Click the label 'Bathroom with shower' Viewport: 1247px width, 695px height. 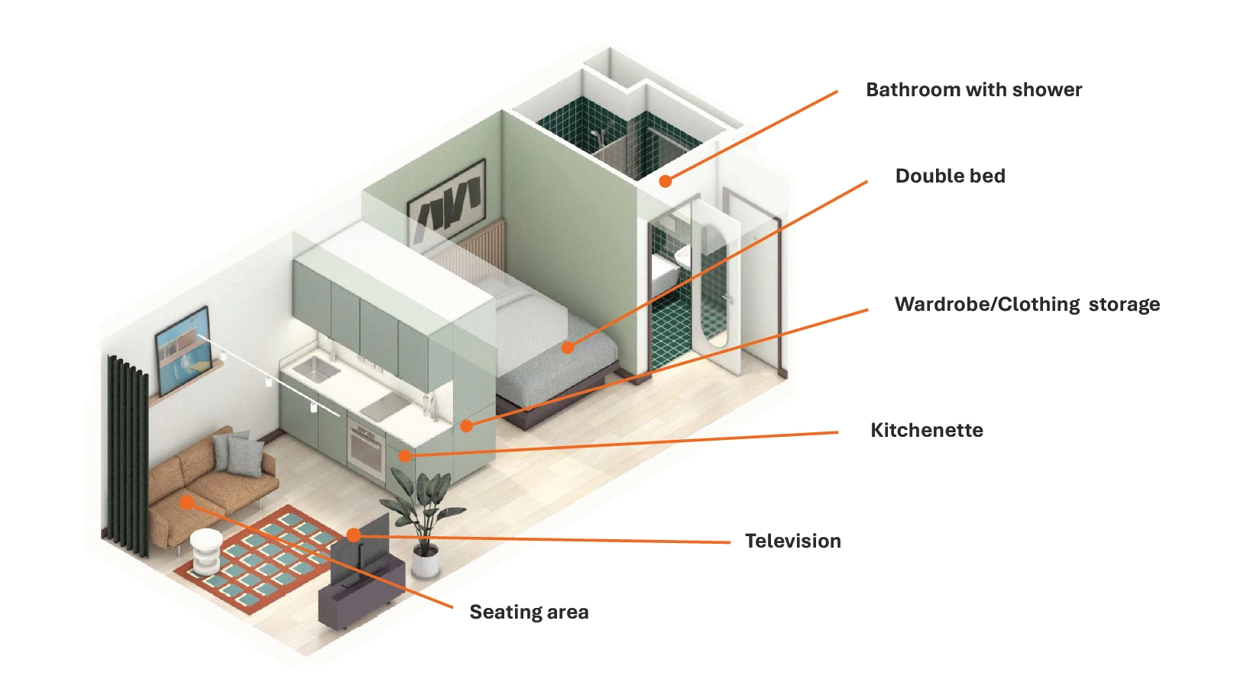pyautogui.click(x=973, y=90)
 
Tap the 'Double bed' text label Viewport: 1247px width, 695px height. pyautogui.click(x=950, y=176)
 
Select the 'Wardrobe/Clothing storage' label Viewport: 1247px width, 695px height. pyautogui.click(x=1027, y=305)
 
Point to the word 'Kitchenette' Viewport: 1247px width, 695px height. pyautogui.click(x=926, y=431)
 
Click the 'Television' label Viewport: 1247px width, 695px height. pyautogui.click(x=792, y=541)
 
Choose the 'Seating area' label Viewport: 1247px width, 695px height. pyautogui.click(x=529, y=613)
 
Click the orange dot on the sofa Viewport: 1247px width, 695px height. pyautogui.click(x=186, y=502)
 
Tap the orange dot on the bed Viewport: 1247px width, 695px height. pyautogui.click(x=567, y=347)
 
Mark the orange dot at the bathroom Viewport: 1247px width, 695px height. pyautogui.click(x=666, y=181)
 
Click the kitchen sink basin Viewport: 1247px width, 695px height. pyautogui.click(x=316, y=371)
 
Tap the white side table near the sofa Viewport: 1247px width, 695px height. pyautogui.click(x=206, y=552)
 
